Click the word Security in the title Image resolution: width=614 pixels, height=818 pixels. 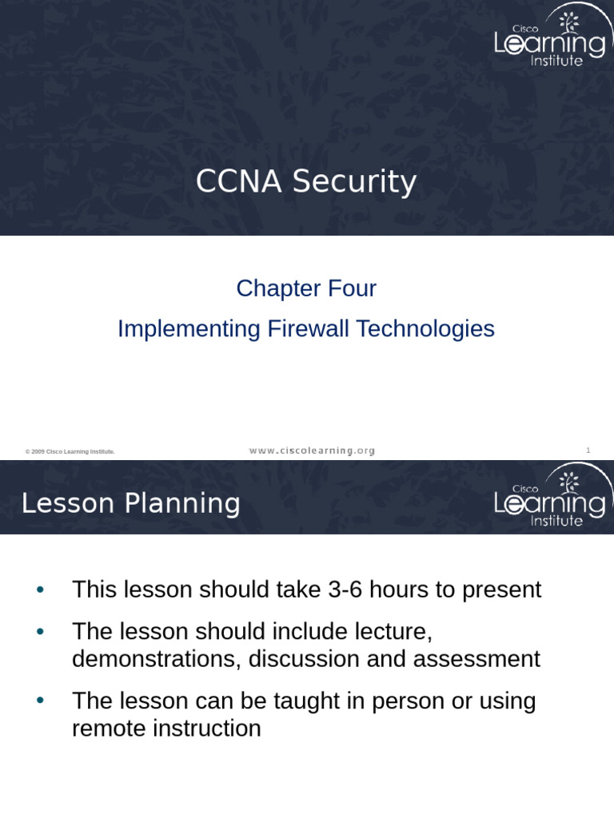point(353,182)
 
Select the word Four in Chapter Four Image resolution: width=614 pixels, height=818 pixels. point(351,288)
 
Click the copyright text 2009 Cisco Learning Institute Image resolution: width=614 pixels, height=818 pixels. point(70,452)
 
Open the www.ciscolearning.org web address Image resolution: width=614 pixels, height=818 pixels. point(312,451)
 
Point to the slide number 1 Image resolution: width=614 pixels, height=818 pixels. point(588,451)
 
